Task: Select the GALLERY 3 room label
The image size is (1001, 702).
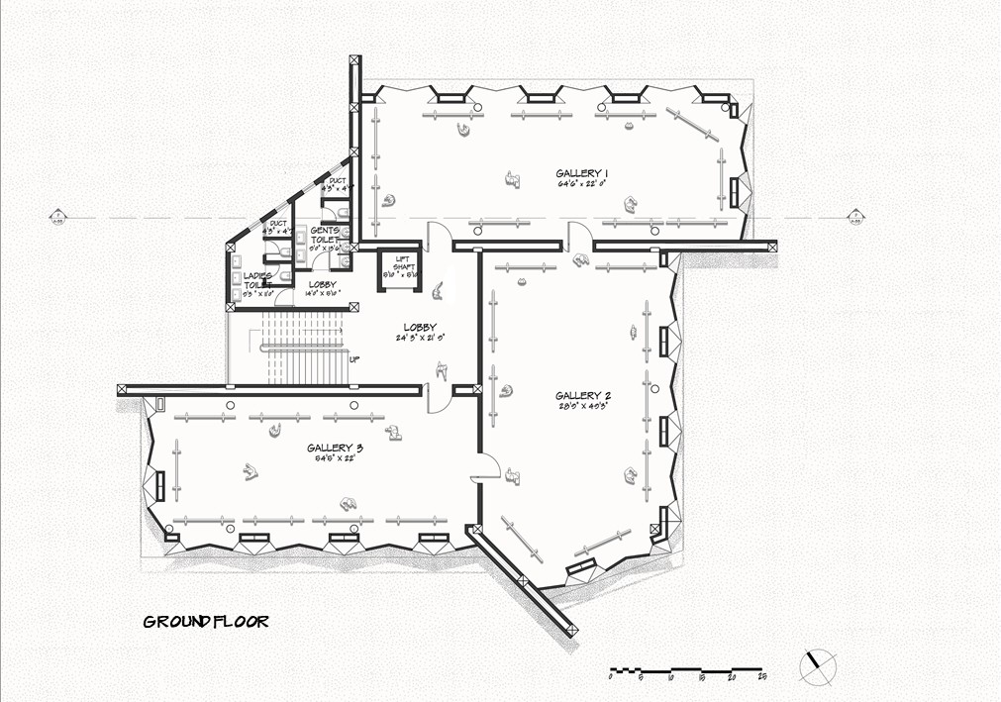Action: (334, 448)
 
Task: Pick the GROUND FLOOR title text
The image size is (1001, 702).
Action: (206, 622)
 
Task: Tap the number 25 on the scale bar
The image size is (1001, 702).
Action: (761, 677)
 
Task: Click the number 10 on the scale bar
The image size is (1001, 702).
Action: (671, 677)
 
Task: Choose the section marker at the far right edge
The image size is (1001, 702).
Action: (855, 216)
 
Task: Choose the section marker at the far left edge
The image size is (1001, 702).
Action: (56, 216)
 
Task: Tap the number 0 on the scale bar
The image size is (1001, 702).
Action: (611, 677)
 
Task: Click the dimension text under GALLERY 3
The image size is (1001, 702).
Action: (334, 458)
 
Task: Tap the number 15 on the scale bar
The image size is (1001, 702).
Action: (701, 677)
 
